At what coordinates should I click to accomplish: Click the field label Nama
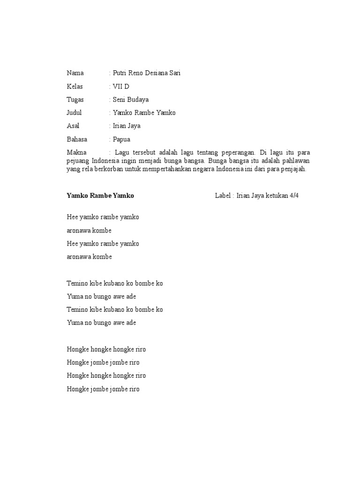coord(75,73)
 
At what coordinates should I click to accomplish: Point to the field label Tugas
coord(75,100)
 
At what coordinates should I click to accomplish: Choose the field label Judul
coord(75,113)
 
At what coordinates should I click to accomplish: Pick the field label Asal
coord(73,126)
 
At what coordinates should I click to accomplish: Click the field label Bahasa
coord(77,139)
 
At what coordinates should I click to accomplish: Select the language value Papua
coord(121,139)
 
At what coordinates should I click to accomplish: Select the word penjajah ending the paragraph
coord(293,169)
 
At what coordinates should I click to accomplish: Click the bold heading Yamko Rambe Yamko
coord(100,195)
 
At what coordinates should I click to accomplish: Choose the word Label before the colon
coord(223,195)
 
